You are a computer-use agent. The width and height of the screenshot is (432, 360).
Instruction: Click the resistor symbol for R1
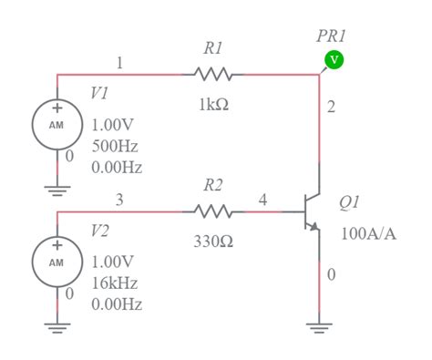[213, 75]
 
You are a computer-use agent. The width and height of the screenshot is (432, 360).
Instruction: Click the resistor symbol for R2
[213, 211]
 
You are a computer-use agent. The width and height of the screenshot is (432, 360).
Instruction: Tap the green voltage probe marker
[334, 60]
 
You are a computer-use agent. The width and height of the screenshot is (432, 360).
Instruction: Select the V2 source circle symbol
[57, 260]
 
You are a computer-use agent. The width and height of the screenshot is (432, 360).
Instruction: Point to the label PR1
[331, 36]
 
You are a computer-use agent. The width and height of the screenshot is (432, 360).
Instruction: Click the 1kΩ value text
[213, 105]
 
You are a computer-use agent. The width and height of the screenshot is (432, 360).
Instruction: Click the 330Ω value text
[213, 242]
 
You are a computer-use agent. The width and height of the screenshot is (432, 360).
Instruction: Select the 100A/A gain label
[368, 233]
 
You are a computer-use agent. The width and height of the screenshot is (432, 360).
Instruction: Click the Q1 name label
[349, 201]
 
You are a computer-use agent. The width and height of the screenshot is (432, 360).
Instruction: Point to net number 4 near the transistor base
[263, 200]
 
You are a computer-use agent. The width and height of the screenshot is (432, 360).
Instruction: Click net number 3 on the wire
[119, 200]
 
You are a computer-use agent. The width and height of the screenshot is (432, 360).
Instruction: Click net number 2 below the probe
[331, 108]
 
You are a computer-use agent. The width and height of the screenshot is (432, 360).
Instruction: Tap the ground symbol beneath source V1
[57, 190]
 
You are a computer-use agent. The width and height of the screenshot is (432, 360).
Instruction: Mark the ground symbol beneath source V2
[57, 327]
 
